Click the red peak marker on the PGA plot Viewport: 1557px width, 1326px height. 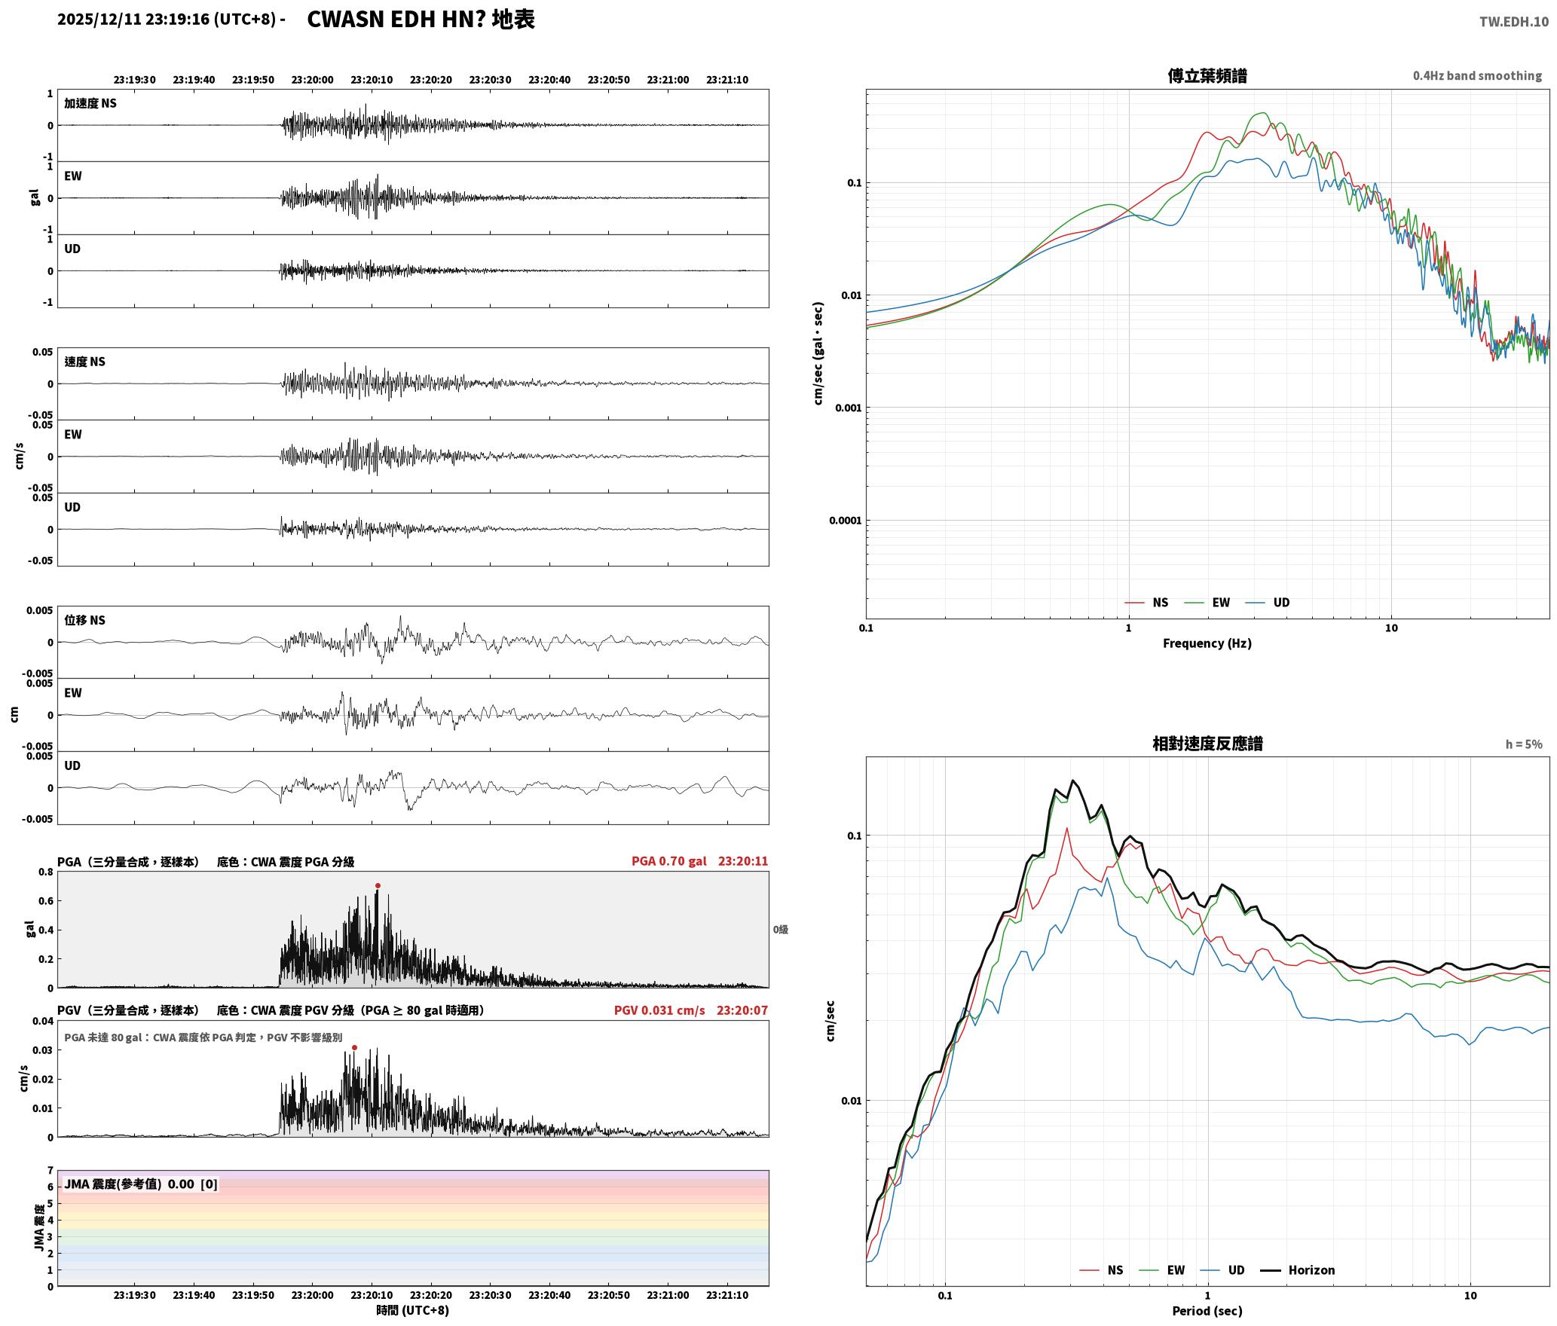(x=378, y=886)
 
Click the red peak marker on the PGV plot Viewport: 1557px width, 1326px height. (x=354, y=1048)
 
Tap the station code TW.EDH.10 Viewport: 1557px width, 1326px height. (x=1513, y=21)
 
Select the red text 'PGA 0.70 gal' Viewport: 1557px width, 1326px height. (x=669, y=861)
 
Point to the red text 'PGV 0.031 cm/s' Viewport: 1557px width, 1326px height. (x=659, y=1010)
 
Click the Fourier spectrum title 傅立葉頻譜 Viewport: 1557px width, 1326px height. (x=1207, y=76)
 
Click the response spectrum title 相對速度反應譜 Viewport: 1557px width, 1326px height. (x=1207, y=744)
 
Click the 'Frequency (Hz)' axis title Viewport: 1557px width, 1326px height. (x=1207, y=643)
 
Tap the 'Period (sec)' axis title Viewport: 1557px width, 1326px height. (x=1207, y=1311)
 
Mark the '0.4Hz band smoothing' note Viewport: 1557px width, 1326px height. (x=1477, y=76)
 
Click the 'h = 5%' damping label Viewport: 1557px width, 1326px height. (x=1524, y=744)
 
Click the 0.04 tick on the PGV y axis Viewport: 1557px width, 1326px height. (x=43, y=1022)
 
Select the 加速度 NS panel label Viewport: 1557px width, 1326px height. (x=90, y=103)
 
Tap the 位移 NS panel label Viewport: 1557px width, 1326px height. (x=85, y=620)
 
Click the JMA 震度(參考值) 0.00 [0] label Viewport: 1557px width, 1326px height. (x=141, y=1184)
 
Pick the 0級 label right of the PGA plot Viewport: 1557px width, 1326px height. (x=781, y=930)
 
